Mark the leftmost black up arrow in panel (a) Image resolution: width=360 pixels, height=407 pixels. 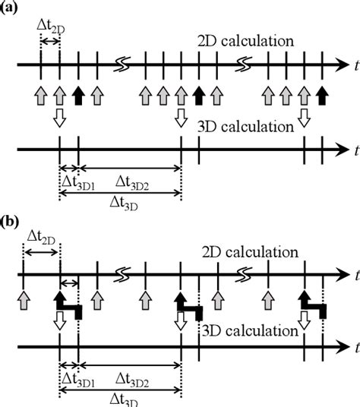[x=78, y=95]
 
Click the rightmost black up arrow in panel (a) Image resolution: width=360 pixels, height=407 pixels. [x=323, y=95]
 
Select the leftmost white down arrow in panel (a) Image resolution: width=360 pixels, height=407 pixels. [x=60, y=118]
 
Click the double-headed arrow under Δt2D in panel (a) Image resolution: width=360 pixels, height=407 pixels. [x=51, y=39]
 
